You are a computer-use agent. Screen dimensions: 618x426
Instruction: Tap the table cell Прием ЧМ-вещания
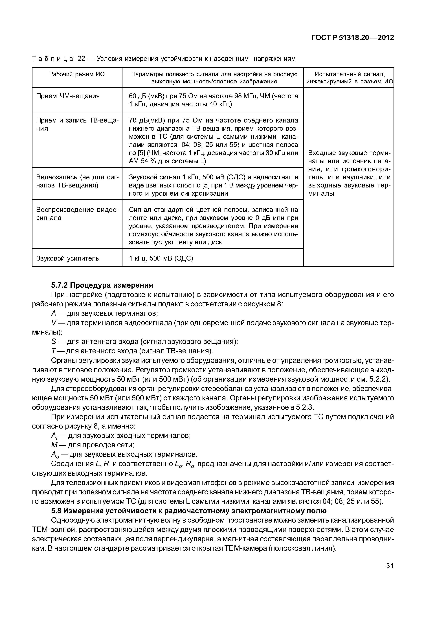68,96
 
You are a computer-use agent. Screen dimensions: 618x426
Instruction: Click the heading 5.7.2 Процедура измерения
102,285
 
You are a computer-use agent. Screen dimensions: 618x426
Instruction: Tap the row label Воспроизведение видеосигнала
77,214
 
